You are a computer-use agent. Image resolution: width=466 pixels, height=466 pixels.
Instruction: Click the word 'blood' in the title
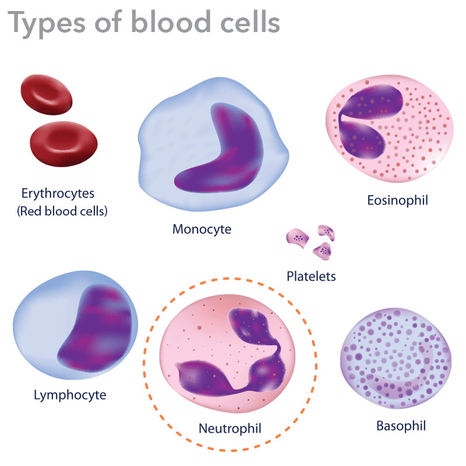(171, 22)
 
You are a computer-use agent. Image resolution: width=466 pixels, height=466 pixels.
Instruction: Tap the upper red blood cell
(47, 94)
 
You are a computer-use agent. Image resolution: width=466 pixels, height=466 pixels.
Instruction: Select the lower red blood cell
(63, 144)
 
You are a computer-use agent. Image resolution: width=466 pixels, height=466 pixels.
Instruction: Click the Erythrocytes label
(58, 193)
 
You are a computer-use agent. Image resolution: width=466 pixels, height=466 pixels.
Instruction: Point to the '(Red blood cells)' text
(62, 211)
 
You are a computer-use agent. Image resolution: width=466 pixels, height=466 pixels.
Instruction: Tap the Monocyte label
(202, 229)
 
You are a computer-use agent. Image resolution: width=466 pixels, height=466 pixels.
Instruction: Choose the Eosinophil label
(398, 200)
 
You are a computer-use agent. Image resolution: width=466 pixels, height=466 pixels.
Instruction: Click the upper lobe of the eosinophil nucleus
(372, 101)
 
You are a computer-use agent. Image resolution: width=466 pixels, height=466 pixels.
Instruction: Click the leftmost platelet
(297, 238)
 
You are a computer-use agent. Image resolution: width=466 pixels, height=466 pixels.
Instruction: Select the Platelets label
(311, 276)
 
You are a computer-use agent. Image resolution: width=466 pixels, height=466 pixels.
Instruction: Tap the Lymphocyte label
(70, 396)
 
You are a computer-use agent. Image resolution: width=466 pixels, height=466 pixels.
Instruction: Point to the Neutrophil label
(230, 429)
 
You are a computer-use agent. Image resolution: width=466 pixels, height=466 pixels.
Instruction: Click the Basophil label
(401, 426)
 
